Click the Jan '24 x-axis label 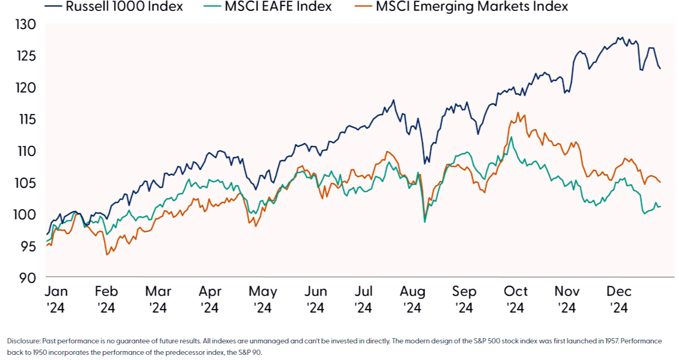click(55, 299)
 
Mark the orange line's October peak click(518, 112)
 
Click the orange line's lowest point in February click(107, 254)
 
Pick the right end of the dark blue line click(660, 68)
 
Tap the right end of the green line click(660, 206)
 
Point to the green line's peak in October click(511, 137)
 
